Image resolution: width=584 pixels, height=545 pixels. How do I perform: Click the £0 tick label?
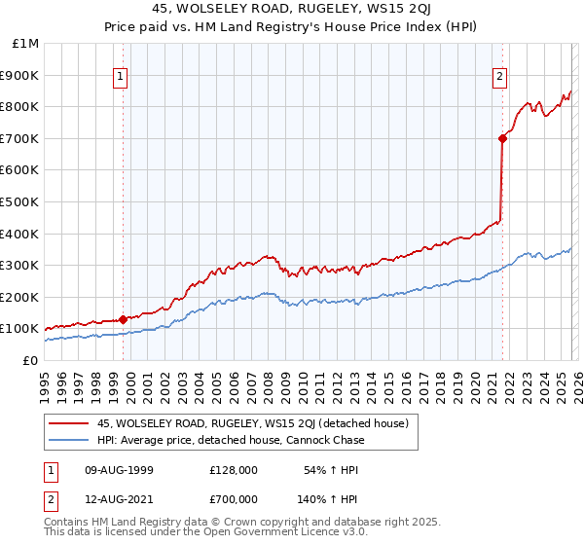29,361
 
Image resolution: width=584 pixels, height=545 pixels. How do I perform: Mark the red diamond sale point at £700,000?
502,138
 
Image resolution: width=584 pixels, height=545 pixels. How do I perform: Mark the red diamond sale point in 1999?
124,319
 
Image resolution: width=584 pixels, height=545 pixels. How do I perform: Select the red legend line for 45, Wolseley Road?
68,423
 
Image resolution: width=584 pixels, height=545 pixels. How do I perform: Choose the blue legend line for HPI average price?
68,440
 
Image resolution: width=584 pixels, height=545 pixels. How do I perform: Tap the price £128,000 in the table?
233,470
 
